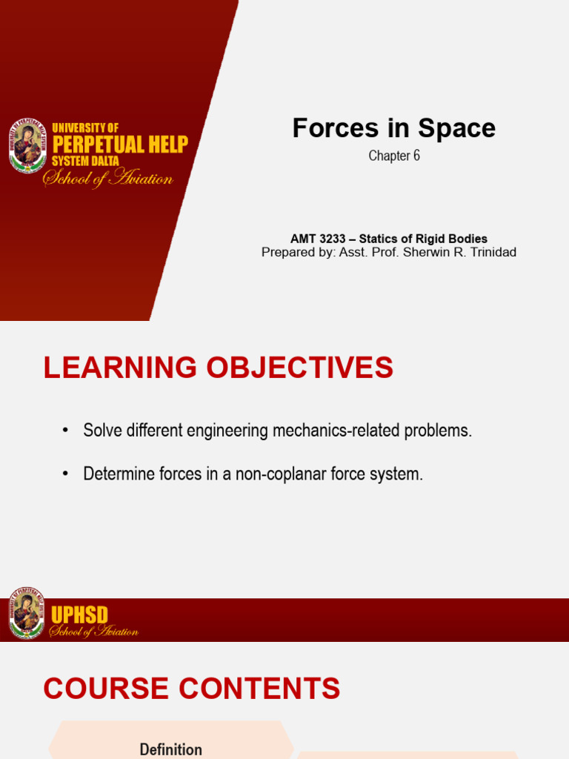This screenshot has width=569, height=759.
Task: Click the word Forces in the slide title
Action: point(326,128)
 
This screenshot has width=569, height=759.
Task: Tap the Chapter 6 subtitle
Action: point(394,156)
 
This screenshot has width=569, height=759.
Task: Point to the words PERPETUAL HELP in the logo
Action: point(119,144)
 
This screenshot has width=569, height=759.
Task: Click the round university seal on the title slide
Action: point(28,146)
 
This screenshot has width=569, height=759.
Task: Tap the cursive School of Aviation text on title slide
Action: point(108,179)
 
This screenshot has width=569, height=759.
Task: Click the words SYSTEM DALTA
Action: point(85,161)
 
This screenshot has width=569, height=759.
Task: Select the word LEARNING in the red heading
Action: point(120,368)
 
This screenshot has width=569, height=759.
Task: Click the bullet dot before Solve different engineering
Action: point(65,431)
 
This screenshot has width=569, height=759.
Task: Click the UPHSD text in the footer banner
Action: point(79,615)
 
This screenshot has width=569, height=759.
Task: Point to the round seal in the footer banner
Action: point(27,614)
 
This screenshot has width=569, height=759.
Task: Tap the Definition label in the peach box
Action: point(170,749)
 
